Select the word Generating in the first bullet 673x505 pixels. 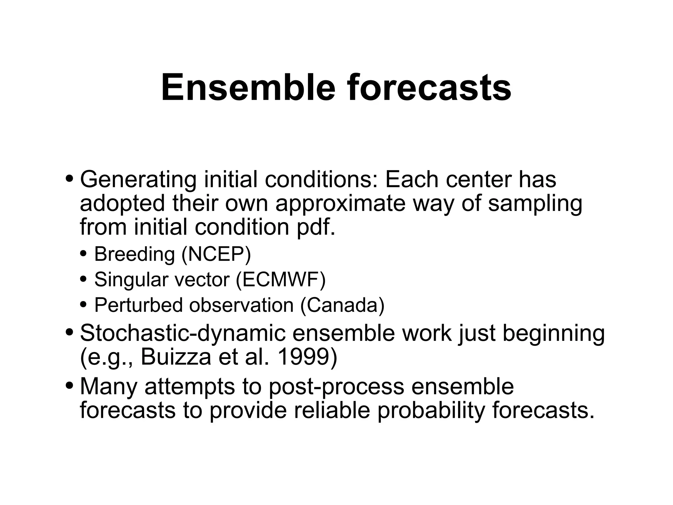pyautogui.click(x=138, y=180)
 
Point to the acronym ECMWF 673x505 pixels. pyautogui.click(x=281, y=280)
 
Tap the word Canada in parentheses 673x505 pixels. pyautogui.click(x=342, y=305)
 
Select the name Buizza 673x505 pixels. pyautogui.click(x=176, y=357)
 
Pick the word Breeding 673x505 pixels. pyautogui.click(x=134, y=254)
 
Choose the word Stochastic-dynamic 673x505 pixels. pyautogui.click(x=183, y=333)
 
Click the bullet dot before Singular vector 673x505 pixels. pyautogui.click(x=83, y=279)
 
